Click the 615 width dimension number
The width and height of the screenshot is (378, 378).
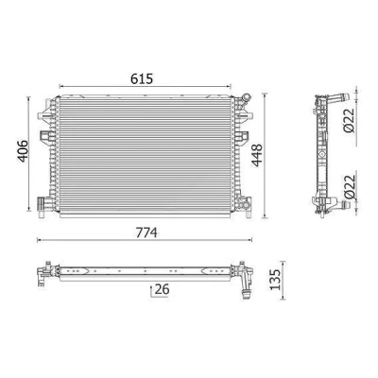click(x=142, y=78)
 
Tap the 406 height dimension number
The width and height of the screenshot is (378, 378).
click(x=23, y=151)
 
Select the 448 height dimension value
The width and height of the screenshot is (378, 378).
click(x=257, y=155)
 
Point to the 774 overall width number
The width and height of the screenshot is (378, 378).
click(x=146, y=232)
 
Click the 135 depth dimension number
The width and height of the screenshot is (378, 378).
click(x=275, y=279)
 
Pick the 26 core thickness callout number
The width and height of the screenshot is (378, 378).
click(x=163, y=289)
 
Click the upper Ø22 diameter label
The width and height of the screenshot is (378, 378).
click(x=350, y=120)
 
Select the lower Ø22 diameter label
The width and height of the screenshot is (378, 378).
click(x=350, y=186)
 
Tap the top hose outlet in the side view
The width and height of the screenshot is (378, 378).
click(x=339, y=98)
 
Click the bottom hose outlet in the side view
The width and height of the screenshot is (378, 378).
click(x=339, y=206)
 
